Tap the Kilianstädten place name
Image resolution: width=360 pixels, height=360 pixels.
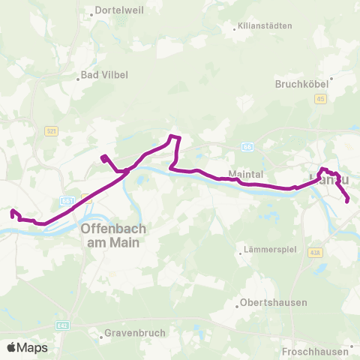click(x=263, y=26)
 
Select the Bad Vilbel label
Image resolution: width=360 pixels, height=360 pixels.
click(x=104, y=75)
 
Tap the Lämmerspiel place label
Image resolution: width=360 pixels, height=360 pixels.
click(x=268, y=250)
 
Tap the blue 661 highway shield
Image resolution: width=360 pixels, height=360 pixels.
click(x=67, y=201)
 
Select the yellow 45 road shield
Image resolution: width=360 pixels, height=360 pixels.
click(x=321, y=98)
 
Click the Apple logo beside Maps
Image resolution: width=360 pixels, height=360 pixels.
click(x=12, y=348)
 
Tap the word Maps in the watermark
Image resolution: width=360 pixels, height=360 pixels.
click(x=32, y=348)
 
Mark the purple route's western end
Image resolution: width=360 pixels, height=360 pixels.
click(x=13, y=212)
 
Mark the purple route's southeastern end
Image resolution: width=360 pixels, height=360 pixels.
click(x=347, y=200)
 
